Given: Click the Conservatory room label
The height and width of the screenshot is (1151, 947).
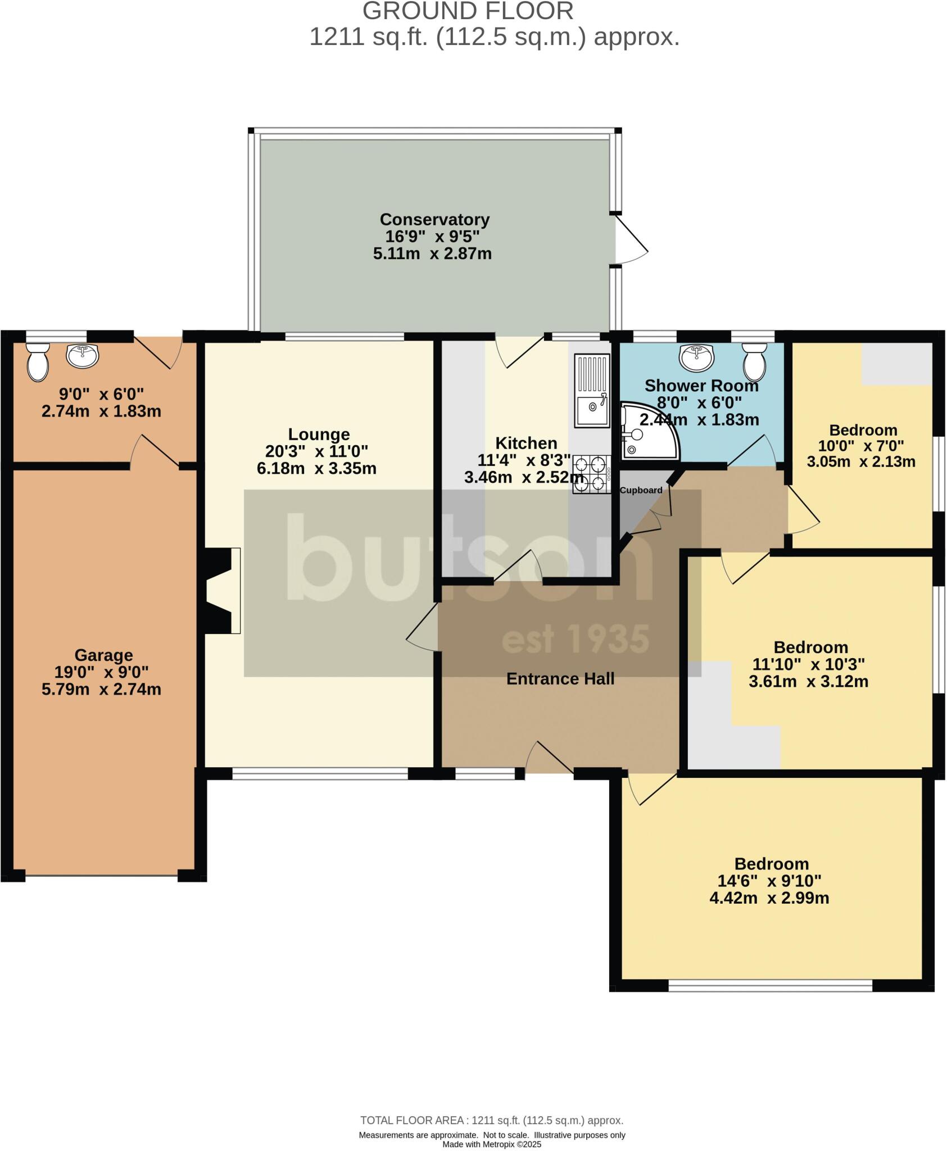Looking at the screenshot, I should point(434,219).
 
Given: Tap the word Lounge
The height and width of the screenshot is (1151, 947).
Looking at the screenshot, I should point(319,434).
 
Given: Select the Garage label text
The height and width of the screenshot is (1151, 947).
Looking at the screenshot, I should point(103,655).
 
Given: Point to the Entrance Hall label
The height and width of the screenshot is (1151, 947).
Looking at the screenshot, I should point(560,679).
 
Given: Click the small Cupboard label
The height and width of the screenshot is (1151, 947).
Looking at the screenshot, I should point(641,490).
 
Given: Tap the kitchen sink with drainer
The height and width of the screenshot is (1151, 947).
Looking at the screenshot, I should point(592,390).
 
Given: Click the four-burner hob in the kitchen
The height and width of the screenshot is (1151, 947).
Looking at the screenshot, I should point(591,474).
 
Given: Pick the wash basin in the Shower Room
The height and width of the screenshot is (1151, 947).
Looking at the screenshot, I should point(697,357).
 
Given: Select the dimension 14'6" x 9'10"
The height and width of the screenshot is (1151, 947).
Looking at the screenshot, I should point(769,881).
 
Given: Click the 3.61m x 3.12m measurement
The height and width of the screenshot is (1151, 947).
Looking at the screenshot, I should point(808,682).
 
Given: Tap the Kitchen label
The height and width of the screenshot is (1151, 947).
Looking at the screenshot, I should point(526,443).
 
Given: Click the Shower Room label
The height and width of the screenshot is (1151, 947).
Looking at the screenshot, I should point(701,386).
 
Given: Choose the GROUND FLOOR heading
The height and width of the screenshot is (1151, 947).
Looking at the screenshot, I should point(468,11).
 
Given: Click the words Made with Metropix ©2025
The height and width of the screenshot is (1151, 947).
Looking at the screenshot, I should point(492,1144).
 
